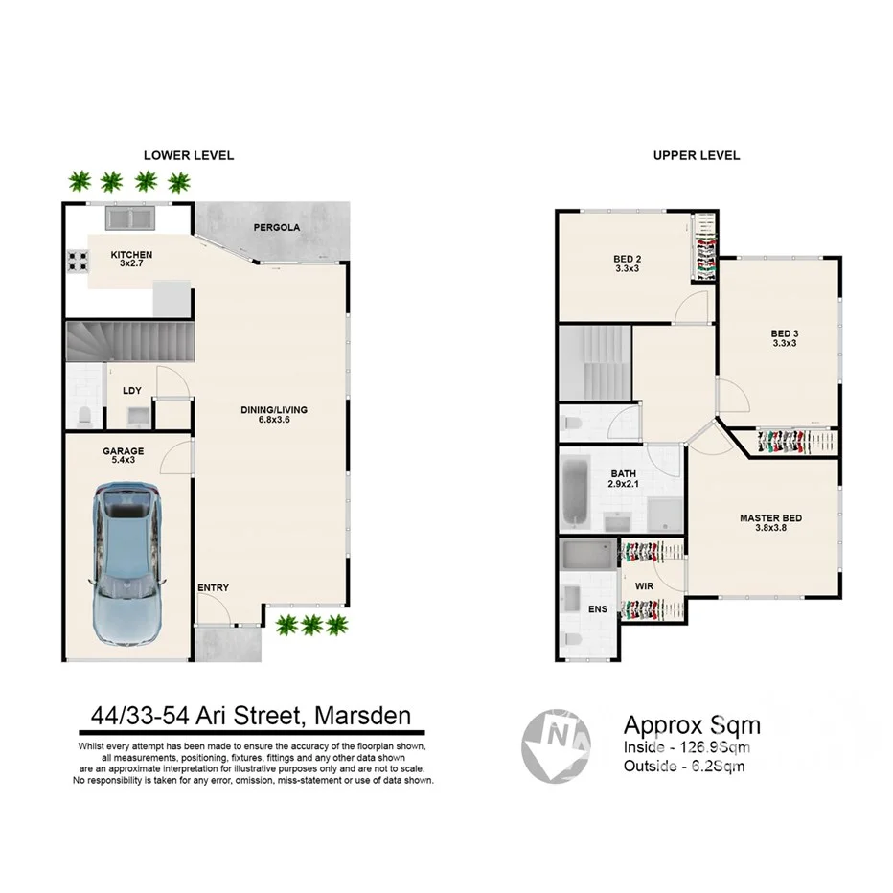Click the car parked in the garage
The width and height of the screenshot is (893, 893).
tap(126, 565)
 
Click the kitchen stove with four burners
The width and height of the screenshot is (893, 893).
tap(77, 262)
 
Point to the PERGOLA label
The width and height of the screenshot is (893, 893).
tap(277, 228)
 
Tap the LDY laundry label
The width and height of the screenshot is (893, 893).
tap(132, 390)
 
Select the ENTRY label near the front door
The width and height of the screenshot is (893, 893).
tap(213, 587)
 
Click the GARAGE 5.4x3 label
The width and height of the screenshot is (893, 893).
tap(124, 456)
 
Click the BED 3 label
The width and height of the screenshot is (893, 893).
tap(784, 338)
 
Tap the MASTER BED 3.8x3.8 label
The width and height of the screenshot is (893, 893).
tap(770, 523)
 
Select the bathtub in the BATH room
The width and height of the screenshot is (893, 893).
tap(576, 492)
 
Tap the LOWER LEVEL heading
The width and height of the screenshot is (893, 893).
tap(189, 155)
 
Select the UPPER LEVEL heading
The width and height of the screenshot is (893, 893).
tap(696, 155)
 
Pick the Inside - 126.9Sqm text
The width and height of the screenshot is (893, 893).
tap(686, 747)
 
